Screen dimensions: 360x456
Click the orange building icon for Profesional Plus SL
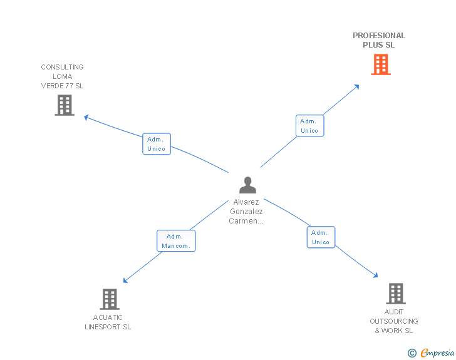[x=380, y=64]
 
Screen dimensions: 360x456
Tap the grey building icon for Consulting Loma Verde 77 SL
[x=64, y=105]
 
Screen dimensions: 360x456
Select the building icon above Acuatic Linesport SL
[x=109, y=299]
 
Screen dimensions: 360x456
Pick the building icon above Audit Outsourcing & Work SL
[x=395, y=293]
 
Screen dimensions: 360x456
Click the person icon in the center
[x=247, y=185]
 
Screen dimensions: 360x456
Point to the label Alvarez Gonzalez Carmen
[x=246, y=212]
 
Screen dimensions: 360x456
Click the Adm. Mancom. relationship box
[x=175, y=241]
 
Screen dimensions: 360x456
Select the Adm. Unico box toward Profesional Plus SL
[x=309, y=126]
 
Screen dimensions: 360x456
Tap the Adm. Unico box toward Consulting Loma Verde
[x=156, y=144]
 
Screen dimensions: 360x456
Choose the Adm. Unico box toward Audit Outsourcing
[x=321, y=237]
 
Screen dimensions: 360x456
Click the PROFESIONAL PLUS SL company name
[x=379, y=40]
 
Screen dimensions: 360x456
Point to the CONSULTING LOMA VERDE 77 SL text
[x=62, y=76]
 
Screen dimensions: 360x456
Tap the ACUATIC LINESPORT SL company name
[x=108, y=322]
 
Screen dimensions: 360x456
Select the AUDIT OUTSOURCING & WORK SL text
[x=394, y=321]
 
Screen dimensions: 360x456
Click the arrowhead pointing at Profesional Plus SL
[x=357, y=86]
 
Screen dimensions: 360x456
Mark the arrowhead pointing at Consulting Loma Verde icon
[x=87, y=117]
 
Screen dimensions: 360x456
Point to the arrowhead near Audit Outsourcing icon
[x=375, y=275]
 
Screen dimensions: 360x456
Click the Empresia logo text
[x=437, y=353]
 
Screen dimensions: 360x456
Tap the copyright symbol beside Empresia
[x=412, y=354]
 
